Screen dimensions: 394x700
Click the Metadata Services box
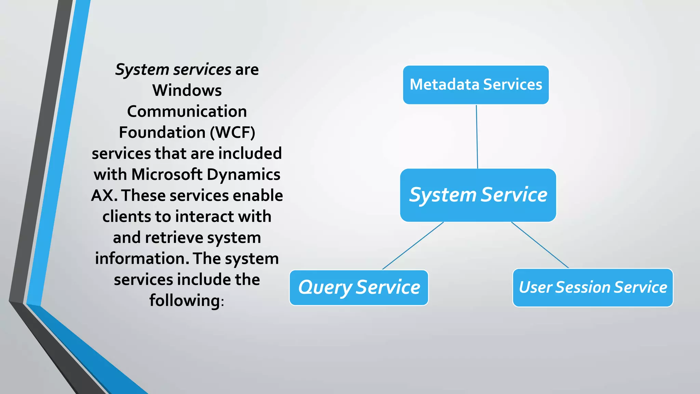pyautogui.click(x=476, y=85)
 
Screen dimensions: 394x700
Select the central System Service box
pyautogui.click(x=478, y=195)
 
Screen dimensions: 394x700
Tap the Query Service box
pyautogui.click(x=359, y=288)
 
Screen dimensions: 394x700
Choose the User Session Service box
pyautogui.click(x=593, y=288)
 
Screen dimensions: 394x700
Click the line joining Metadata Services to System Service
pyautogui.click(x=477, y=137)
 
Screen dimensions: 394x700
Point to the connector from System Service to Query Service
pyautogui.click(x=413, y=246)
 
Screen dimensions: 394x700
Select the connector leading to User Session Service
pyautogui.click(x=540, y=245)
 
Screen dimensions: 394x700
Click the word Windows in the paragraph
pyautogui.click(x=187, y=91)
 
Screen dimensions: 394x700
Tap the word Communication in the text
pyautogui.click(x=187, y=111)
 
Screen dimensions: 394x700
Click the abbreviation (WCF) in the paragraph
pyautogui.click(x=232, y=133)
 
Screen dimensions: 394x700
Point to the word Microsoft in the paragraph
pyautogui.click(x=167, y=174)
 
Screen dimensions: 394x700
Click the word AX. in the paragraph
pyautogui.click(x=104, y=196)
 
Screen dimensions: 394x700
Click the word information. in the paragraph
pyautogui.click(x=142, y=259)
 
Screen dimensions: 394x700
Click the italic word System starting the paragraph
pyautogui.click(x=142, y=70)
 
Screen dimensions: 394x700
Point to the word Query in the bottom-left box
pyautogui.click(x=325, y=288)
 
